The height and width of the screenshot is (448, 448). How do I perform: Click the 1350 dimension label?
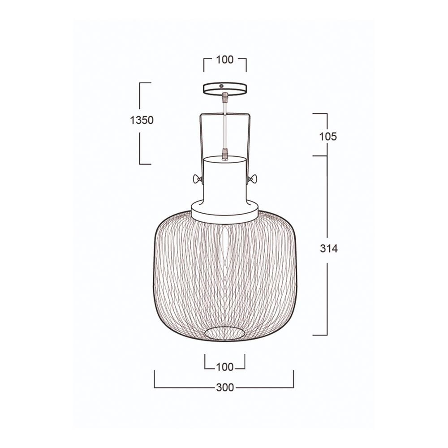click(142, 120)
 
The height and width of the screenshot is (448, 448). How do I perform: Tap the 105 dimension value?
click(328, 137)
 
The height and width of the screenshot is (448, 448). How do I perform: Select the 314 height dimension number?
click(329, 249)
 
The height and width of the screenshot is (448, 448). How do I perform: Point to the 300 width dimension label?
click(225, 388)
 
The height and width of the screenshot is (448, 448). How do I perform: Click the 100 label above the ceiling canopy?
click(225, 60)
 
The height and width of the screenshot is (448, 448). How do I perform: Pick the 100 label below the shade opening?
click(225, 367)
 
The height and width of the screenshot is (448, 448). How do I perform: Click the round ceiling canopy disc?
click(225, 88)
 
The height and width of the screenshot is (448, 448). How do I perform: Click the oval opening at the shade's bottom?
click(225, 332)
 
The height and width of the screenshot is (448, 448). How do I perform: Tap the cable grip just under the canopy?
click(225, 97)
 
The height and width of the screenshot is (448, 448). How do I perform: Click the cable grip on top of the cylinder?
click(225, 155)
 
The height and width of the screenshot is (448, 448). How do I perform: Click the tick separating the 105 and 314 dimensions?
click(320, 156)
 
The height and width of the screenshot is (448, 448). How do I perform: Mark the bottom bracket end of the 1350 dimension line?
click(145, 164)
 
